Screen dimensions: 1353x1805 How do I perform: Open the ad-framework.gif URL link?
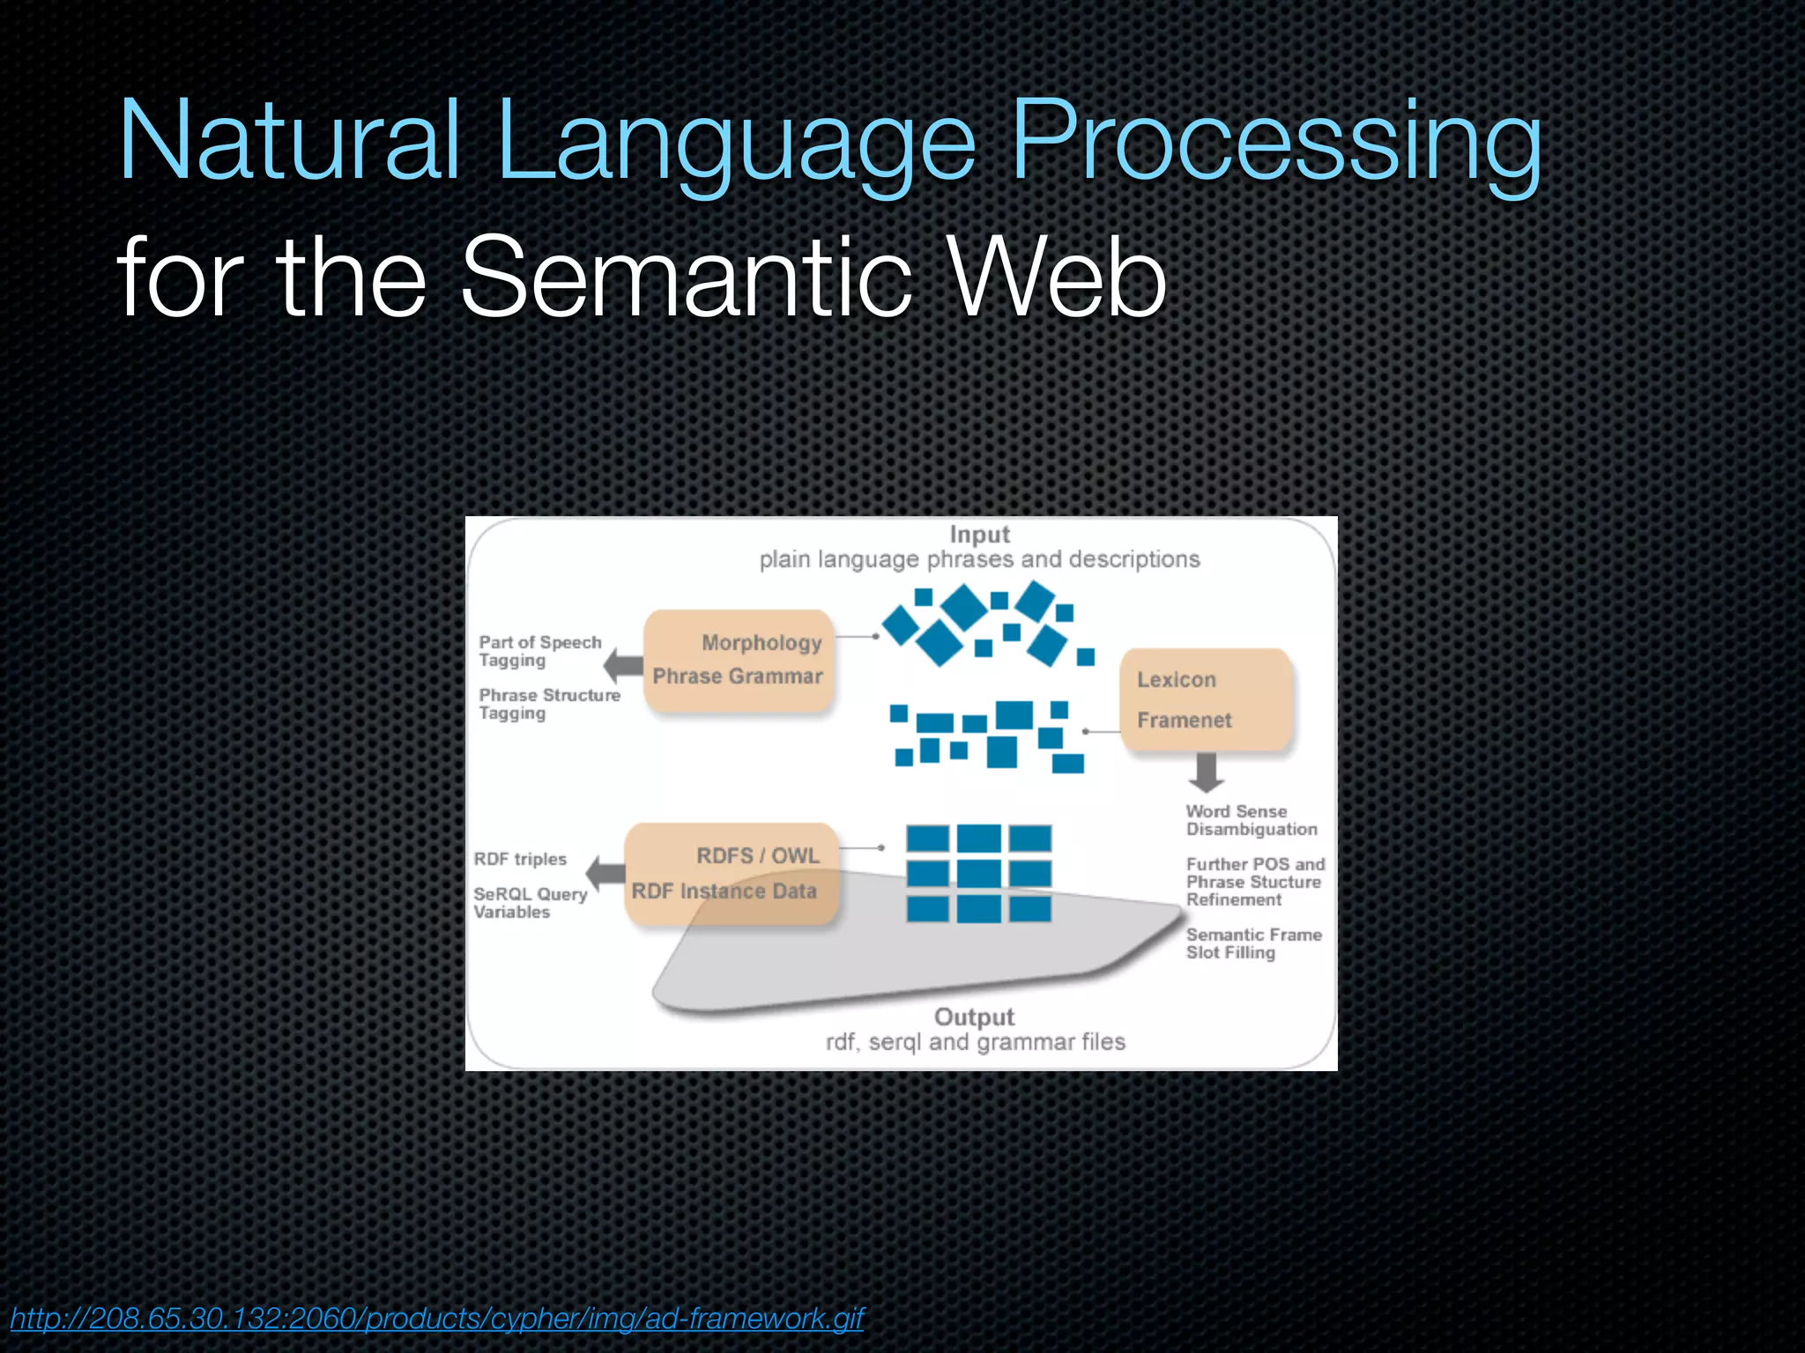tap(437, 1318)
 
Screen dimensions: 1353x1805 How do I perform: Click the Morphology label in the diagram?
tap(761, 642)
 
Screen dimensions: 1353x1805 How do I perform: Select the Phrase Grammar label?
tap(738, 676)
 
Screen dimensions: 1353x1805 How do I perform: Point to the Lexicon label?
tap(1176, 680)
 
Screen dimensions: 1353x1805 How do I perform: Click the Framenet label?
tap(1184, 721)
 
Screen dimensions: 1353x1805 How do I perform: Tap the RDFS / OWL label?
tap(758, 855)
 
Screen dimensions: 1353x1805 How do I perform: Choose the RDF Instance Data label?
tap(724, 891)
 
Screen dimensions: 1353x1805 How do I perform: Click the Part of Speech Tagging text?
tap(539, 651)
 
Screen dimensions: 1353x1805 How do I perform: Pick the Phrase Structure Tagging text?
tap(548, 704)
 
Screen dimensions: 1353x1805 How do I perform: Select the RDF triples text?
tap(520, 859)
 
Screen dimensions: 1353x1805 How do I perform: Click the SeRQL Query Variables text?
tap(530, 903)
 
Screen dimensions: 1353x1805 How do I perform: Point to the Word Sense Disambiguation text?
tap(1251, 820)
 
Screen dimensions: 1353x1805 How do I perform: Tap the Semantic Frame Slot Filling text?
tap(1253, 943)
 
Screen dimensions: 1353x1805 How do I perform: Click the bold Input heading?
tap(979, 535)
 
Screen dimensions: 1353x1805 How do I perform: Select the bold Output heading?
tap(974, 1017)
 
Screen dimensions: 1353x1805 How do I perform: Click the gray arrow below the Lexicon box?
tap(1207, 773)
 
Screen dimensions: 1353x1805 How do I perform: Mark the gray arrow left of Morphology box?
tap(624, 665)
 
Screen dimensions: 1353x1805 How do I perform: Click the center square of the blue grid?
tap(978, 874)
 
